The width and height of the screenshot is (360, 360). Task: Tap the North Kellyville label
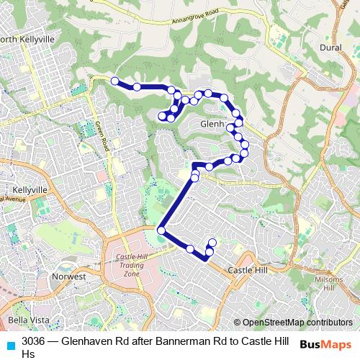[x=27, y=40]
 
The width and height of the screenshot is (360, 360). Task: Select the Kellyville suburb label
[x=28, y=189]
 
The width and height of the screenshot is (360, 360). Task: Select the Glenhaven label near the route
[x=213, y=123]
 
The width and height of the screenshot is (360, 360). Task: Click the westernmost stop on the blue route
[x=114, y=81]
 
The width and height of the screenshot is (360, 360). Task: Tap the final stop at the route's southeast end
[x=212, y=243]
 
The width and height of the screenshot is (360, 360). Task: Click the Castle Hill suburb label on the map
[x=247, y=270]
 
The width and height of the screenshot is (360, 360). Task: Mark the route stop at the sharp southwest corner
[x=161, y=230]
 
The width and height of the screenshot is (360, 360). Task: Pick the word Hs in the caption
[x=28, y=354]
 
